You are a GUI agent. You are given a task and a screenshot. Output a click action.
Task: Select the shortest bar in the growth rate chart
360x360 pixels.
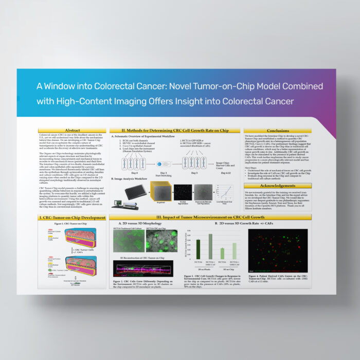222,253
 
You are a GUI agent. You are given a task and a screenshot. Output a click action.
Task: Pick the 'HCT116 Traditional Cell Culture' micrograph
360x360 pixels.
129,241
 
